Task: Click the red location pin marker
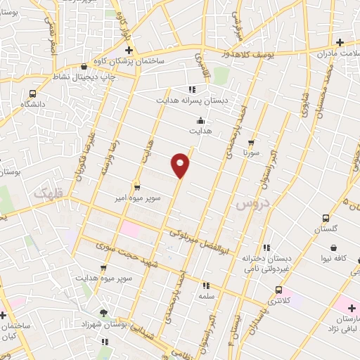pos(181,165)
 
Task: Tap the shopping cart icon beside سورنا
pos(251,142)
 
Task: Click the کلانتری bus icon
pos(279,290)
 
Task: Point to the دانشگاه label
pos(32,103)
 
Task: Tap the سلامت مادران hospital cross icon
pos(340,42)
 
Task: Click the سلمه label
pos(207,297)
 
